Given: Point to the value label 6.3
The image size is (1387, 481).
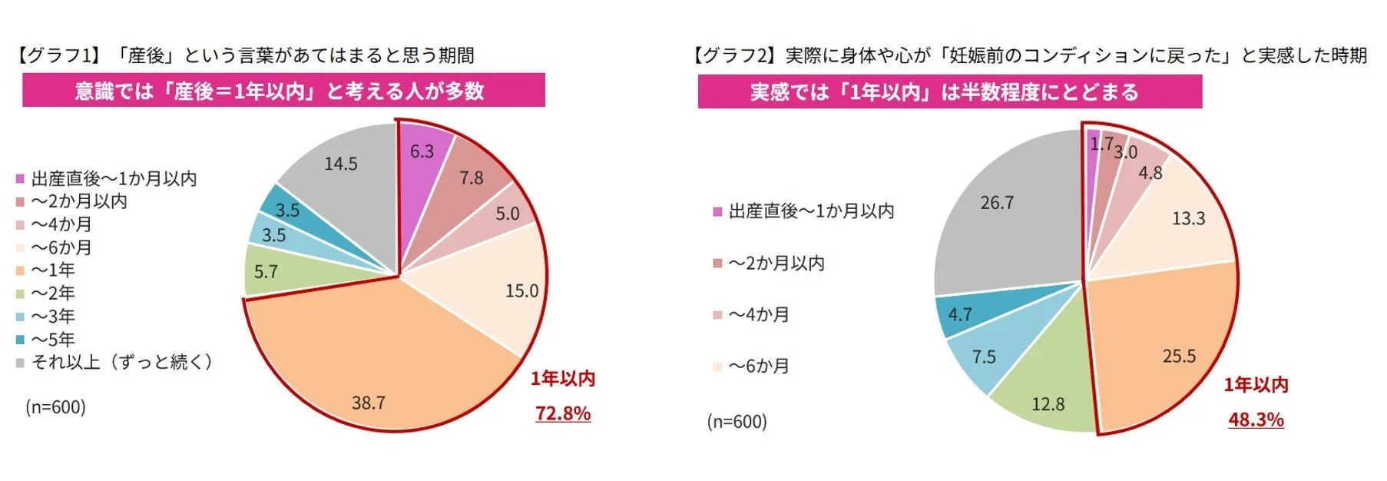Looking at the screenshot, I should point(422,151).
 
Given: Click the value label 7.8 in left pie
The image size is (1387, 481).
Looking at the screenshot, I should point(472,178).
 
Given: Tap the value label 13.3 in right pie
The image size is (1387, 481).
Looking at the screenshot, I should point(1188,219).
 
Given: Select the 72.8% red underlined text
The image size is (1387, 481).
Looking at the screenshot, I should point(563,413).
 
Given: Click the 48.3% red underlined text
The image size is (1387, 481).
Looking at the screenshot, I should point(1256,420).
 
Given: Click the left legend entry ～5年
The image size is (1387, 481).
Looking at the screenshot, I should point(53,340).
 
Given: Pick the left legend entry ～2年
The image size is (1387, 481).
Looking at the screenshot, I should point(53,294).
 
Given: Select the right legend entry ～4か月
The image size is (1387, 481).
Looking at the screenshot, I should point(759,315).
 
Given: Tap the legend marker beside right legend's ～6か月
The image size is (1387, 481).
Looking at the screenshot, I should point(717,367).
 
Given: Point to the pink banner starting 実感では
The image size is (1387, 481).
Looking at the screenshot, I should point(948,92).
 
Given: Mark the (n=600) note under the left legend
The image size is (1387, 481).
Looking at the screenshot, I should point(56,406).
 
